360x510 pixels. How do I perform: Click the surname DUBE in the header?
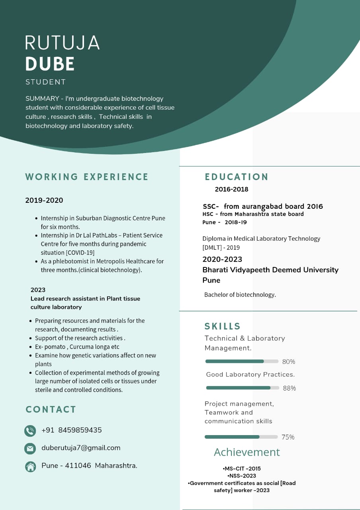coord(50,64)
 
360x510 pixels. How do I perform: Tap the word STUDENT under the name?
coord(45,82)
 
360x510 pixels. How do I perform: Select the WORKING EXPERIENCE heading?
coord(87,177)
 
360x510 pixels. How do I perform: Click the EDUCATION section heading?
coord(237,177)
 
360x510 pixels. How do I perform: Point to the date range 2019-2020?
coord(44,200)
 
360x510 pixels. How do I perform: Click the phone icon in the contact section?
coord(30,431)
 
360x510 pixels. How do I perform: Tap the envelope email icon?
coord(30,448)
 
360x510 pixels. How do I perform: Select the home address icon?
coord(30,466)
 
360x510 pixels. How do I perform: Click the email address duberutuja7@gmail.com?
coord(81,448)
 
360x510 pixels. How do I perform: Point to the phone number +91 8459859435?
coord(72,430)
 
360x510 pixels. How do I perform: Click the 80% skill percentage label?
coord(289,362)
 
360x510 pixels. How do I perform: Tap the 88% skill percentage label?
coord(290,388)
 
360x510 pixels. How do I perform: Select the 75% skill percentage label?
coord(288,437)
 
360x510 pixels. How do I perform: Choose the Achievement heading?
coord(247,452)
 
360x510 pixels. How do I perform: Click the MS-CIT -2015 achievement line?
coord(242,469)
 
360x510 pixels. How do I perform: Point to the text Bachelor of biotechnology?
coord(240,295)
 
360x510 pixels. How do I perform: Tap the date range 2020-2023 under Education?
coord(222,259)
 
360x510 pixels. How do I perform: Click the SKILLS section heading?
coord(223,326)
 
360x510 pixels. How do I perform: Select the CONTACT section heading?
coord(51,410)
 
